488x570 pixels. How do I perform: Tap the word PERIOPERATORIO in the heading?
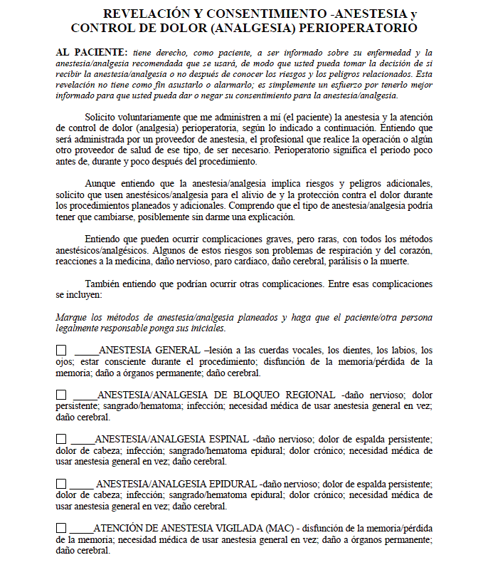[x=361, y=28]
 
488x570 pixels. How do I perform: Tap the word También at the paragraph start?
[x=104, y=284]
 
